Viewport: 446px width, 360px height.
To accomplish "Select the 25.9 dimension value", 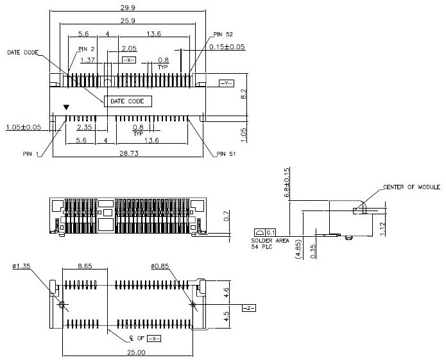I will tap(126, 21).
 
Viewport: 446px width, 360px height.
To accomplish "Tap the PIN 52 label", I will tap(225, 33).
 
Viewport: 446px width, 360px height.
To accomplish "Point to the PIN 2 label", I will tap(87, 48).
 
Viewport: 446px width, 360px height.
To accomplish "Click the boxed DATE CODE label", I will tap(127, 101).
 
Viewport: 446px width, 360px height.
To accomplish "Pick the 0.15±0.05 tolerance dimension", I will tap(227, 47).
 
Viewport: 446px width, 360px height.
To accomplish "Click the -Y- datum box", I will tap(227, 83).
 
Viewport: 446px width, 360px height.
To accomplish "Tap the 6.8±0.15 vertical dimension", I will tap(287, 182).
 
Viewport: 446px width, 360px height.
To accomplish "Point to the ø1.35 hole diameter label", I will tap(22, 264).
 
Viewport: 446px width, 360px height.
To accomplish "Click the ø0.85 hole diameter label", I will tap(160, 264).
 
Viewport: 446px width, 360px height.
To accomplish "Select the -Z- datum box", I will tap(248, 309).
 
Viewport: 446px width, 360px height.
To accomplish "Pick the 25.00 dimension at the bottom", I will tap(128, 352).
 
